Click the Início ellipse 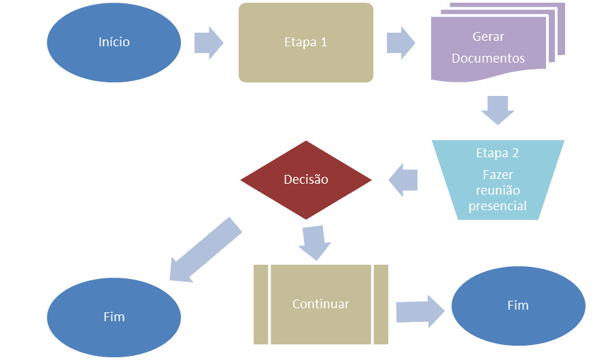point(114,43)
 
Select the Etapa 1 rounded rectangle point(306,43)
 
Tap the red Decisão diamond point(306,180)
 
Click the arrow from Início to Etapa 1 point(209,43)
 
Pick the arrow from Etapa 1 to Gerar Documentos point(401,43)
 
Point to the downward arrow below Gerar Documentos point(498,110)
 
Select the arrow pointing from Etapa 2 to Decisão point(403,180)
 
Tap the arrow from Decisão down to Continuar point(315,243)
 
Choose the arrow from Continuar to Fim point(420,311)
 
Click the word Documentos point(488,58)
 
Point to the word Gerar point(488,36)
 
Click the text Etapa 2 point(497,153)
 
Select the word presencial point(498,206)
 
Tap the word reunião point(498,190)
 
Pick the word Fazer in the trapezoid point(498,174)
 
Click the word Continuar point(321,304)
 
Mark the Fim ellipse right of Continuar point(518,306)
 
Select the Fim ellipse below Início point(114,317)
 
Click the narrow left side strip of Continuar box point(260,305)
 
